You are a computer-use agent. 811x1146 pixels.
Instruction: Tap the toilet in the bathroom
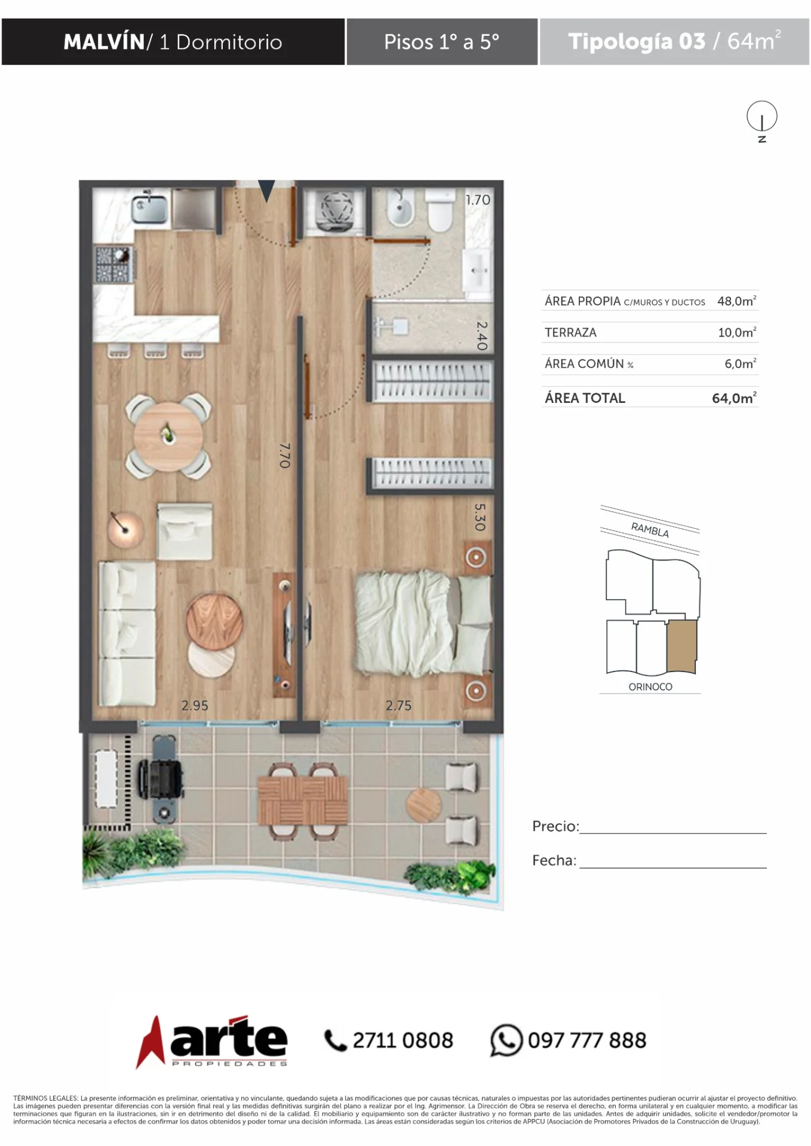click(x=440, y=211)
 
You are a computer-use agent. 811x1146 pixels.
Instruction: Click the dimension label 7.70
click(x=285, y=455)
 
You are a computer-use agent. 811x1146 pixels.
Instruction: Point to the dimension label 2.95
click(x=195, y=706)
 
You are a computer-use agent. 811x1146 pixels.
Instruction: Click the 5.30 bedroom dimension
click(x=480, y=517)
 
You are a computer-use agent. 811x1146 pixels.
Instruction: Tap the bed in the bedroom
click(x=423, y=622)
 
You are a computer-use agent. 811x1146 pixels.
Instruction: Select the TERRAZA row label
click(x=570, y=332)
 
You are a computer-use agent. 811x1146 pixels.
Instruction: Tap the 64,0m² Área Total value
click(x=735, y=398)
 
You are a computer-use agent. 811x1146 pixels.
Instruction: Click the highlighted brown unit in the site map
click(x=682, y=646)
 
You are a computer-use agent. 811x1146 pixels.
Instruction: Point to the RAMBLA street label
click(x=650, y=529)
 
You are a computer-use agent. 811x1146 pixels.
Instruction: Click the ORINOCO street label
click(x=650, y=687)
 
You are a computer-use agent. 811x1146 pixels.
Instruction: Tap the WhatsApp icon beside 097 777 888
click(x=506, y=1040)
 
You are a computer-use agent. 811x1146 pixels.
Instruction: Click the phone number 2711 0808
click(x=403, y=1040)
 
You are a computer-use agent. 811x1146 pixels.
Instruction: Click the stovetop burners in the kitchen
click(x=113, y=264)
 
